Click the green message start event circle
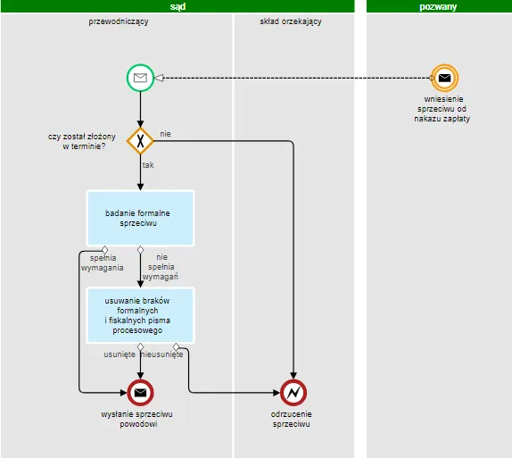140,79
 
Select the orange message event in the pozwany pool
443,79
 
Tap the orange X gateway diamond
140,140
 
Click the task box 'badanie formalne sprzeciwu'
140,218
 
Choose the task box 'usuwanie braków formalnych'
140,314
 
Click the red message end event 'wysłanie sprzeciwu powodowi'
140,392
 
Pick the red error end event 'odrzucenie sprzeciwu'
293,392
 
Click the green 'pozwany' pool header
438,6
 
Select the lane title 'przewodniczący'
119,21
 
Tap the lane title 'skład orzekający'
291,21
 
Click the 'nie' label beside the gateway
165,134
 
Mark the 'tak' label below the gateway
148,165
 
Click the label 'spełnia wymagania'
102,262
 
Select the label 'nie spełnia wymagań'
161,267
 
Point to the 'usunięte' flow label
120,354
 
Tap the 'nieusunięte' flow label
163,354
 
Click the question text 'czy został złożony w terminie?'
82,140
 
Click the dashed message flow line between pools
294,79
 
